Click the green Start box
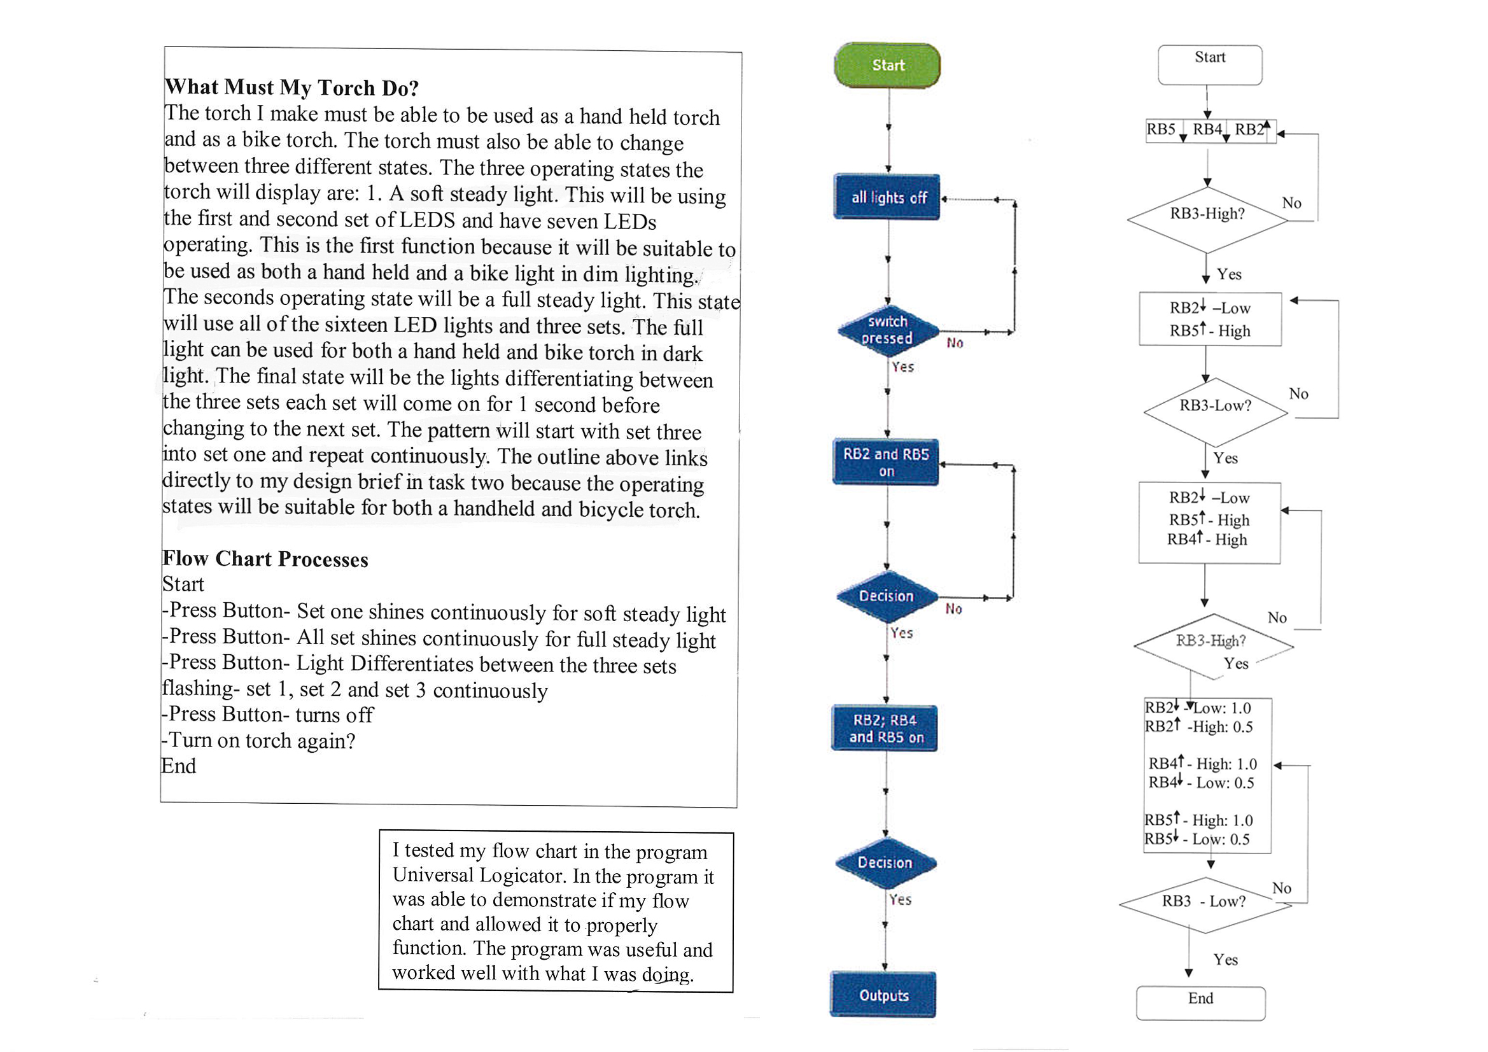tap(887, 66)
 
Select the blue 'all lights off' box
tap(887, 197)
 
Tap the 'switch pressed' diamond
tap(887, 330)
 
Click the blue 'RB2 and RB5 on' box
tap(886, 462)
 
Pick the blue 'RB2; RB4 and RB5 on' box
tap(885, 728)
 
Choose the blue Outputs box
tap(883, 995)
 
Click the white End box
tap(1201, 1004)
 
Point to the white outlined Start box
tap(1210, 65)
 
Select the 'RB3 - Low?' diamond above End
tap(1205, 906)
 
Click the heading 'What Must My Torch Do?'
tap(291, 87)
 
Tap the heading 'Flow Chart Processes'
tap(265, 559)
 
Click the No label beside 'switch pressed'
tap(955, 343)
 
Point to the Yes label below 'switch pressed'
tap(902, 367)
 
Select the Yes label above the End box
tap(1226, 959)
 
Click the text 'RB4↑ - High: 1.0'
tap(1203, 764)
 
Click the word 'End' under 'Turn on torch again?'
tap(178, 766)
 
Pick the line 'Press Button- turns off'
tap(268, 714)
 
